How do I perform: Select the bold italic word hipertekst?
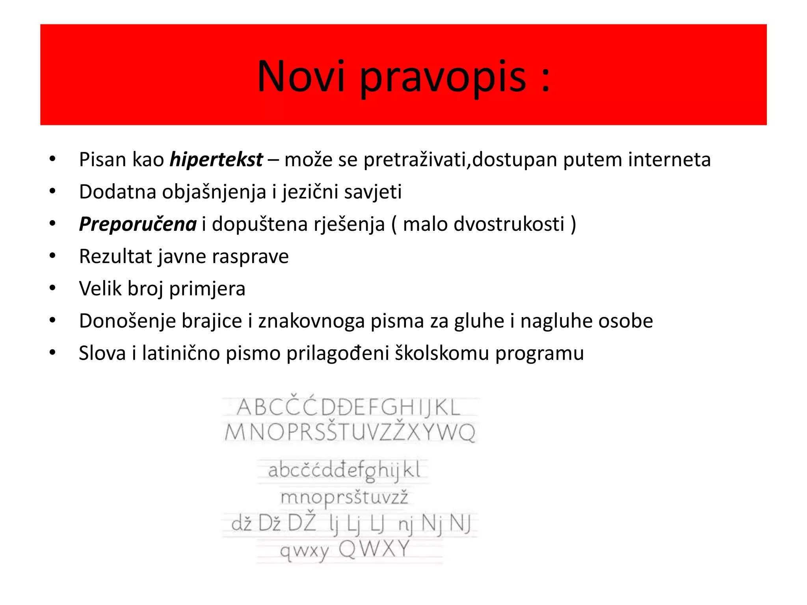tap(216, 160)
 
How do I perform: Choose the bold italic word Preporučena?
tap(138, 225)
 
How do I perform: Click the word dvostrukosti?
tap(509, 224)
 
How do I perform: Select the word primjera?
tap(207, 289)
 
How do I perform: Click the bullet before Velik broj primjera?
tap(52, 288)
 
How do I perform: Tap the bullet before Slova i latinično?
tap(52, 353)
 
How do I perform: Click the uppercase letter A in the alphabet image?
tap(244, 408)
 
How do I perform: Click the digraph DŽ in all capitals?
tap(302, 522)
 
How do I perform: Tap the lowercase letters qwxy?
tap(304, 551)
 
